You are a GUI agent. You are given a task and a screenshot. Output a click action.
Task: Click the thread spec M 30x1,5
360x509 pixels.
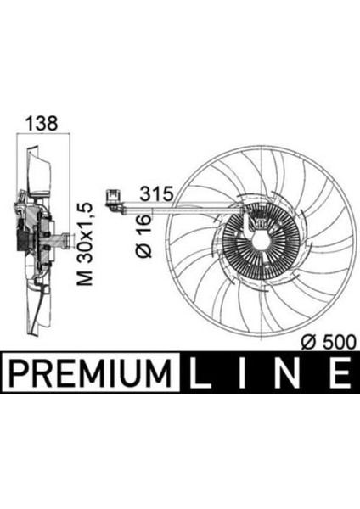tap(83, 244)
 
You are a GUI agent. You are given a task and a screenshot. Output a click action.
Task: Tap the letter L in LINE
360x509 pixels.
tap(207, 370)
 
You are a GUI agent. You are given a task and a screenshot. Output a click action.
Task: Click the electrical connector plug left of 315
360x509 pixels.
tap(111, 199)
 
